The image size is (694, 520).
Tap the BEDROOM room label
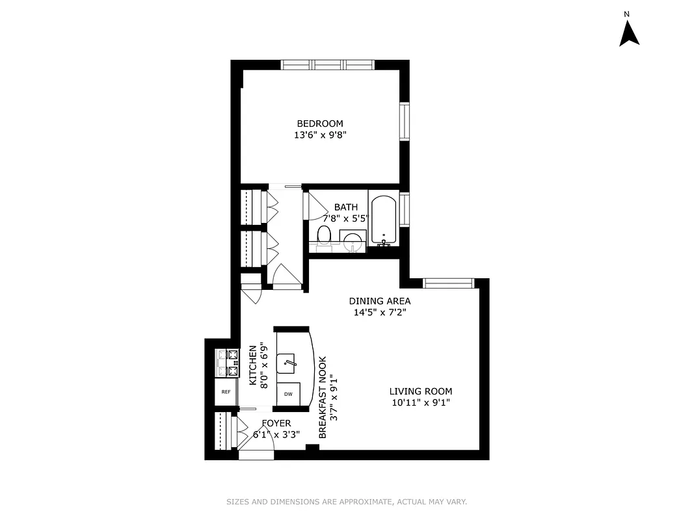tap(320, 123)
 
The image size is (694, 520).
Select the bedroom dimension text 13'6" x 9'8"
tap(320, 136)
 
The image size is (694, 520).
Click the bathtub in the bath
tap(384, 219)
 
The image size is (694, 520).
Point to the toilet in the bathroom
tap(324, 236)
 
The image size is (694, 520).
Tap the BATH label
tap(346, 207)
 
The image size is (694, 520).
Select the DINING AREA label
tap(380, 301)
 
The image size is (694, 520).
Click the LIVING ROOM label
tap(420, 391)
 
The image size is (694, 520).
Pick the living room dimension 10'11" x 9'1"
tap(420, 403)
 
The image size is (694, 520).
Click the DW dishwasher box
tap(288, 395)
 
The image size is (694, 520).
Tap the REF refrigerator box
tap(226, 392)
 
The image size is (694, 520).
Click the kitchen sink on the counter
tap(287, 363)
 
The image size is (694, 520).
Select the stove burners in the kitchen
tap(228, 363)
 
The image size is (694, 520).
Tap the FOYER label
tap(276, 423)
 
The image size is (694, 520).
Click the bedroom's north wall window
tap(327, 64)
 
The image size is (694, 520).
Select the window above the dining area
tap(448, 283)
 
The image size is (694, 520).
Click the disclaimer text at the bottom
tap(347, 502)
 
